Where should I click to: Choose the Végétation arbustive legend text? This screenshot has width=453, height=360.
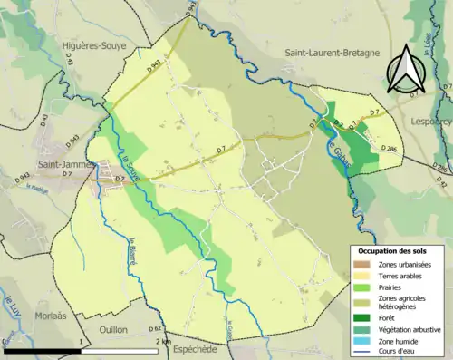(412, 329)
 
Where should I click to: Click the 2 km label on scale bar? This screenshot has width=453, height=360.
(163, 340)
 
